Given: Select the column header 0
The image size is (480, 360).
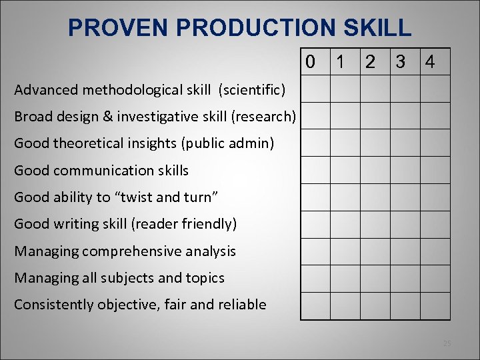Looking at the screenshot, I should (x=310, y=63).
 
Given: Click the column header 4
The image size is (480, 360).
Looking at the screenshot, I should (x=430, y=63).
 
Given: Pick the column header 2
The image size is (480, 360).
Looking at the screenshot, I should (x=369, y=63).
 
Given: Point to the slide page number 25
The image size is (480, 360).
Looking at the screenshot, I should (x=447, y=343).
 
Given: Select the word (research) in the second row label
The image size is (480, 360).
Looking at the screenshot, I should (x=263, y=117).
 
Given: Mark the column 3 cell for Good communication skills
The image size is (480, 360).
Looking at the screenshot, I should (x=405, y=170).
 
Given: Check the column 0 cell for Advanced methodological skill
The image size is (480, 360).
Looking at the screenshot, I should (x=315, y=89).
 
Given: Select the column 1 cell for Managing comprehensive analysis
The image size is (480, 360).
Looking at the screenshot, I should (x=345, y=251).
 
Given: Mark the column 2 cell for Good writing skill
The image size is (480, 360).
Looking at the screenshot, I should (x=375, y=224).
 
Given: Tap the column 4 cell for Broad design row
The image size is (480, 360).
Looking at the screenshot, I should (x=435, y=115).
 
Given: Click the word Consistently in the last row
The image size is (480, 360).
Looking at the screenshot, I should (x=54, y=305).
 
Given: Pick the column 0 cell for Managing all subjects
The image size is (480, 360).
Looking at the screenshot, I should (x=315, y=279).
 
